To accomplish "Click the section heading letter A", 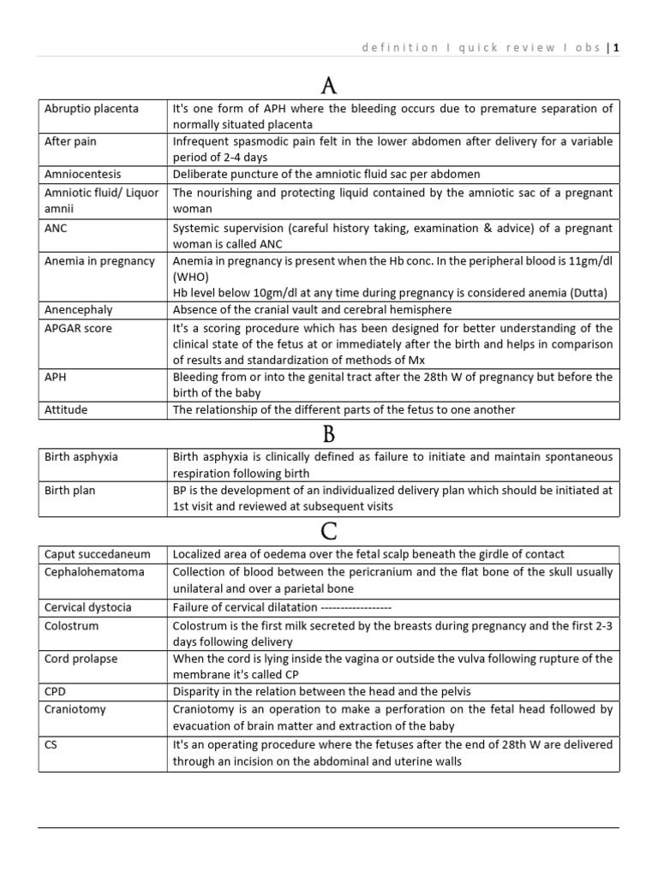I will coord(329,86).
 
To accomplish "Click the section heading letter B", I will coord(329,433).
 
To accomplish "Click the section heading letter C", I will coord(329,532).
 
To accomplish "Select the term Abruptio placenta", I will coord(92,109).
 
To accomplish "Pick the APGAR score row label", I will coord(78,328).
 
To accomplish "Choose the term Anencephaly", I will coord(79,309).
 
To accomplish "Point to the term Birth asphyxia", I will coord(81,456).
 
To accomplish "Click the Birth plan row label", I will coord(70,491).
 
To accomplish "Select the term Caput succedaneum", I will coord(96,554).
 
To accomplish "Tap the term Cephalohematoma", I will coord(94,571).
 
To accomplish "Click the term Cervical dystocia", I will coord(88,607).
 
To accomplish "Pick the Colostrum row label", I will coord(72,625).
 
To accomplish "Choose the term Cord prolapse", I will coord(81,659).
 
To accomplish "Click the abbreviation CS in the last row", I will coord(51,744).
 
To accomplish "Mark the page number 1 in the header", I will coord(615,48).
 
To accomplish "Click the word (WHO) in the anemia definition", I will coord(189,277).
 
